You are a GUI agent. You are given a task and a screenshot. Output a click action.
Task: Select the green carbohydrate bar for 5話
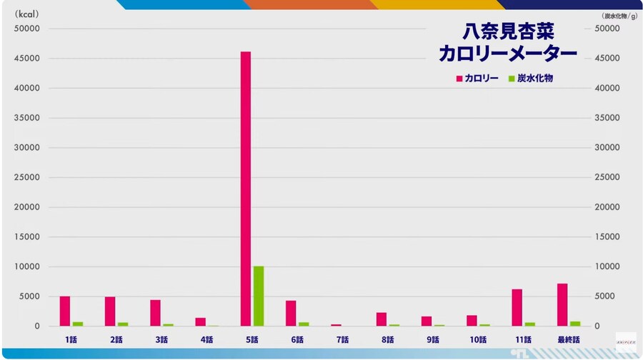(259, 296)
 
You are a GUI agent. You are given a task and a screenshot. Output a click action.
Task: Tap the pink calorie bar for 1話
(65, 311)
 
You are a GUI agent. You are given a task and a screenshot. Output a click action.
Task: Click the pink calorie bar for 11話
(517, 308)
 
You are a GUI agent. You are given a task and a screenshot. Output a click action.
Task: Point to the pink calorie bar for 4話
(201, 322)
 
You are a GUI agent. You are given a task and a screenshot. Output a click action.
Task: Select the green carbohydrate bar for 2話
(123, 324)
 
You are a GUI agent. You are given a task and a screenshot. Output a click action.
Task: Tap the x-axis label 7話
(342, 340)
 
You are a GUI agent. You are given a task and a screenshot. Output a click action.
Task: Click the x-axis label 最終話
(568, 340)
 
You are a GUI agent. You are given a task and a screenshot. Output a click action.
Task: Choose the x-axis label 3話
(161, 340)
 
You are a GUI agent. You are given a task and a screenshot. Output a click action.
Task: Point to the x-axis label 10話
(478, 340)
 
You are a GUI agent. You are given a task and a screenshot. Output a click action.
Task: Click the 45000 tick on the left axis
(27, 59)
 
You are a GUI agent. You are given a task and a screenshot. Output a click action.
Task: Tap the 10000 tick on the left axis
(27, 267)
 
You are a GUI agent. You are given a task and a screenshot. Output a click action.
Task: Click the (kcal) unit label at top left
(27, 13)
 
